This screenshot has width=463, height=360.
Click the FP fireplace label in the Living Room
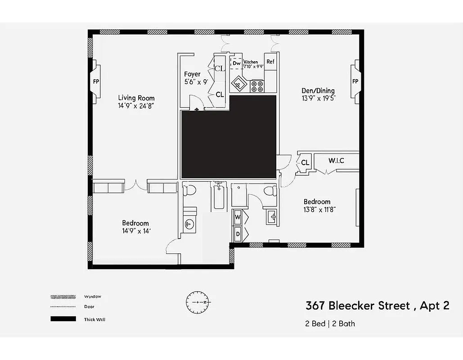(96, 81)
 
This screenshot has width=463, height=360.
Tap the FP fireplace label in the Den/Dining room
(355, 81)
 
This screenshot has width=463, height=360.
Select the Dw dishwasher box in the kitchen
(236, 63)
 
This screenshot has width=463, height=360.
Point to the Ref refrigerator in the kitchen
(270, 62)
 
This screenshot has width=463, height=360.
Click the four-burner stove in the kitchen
(257, 86)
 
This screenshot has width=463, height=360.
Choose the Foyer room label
(192, 74)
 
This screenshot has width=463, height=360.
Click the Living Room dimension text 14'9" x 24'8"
(136, 106)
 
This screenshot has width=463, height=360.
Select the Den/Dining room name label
(318, 90)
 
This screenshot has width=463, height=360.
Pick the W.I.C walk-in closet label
(336, 160)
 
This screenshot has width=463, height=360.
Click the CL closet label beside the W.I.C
(305, 162)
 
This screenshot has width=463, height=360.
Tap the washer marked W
(237, 218)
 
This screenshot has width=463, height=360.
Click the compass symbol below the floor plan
(198, 302)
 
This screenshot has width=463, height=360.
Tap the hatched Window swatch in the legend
(63, 297)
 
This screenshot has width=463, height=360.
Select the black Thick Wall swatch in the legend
(63, 319)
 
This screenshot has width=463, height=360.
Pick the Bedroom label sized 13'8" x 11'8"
(317, 202)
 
